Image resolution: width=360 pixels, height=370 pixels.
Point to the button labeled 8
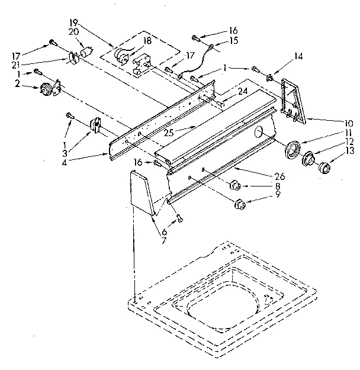coord(236,185)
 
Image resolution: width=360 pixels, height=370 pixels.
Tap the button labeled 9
coord(240,205)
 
